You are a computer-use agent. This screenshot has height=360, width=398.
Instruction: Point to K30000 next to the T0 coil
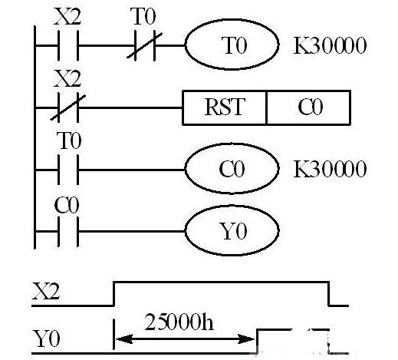[x=330, y=46]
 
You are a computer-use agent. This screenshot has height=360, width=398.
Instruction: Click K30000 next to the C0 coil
[x=330, y=169]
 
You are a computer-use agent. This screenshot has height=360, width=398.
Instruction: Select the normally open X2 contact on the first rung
[x=68, y=46]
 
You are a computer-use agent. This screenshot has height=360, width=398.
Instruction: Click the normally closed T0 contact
[x=145, y=46]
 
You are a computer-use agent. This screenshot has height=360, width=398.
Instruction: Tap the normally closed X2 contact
[x=68, y=107]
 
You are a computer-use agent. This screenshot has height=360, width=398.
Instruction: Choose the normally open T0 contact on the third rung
[x=68, y=170]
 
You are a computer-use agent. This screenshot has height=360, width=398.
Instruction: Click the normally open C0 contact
[x=68, y=232]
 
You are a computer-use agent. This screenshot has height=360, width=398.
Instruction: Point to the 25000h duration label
[x=179, y=322]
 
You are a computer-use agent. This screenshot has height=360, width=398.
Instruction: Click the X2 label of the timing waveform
[x=46, y=291]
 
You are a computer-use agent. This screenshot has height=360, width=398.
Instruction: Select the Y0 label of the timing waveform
[x=47, y=339]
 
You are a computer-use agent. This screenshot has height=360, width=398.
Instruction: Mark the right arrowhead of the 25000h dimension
[x=246, y=339]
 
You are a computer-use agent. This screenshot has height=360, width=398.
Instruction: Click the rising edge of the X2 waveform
[x=114, y=294]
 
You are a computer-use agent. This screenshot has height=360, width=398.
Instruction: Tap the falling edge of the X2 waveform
[x=329, y=294]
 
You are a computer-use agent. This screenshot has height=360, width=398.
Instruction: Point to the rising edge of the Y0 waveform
[x=258, y=342]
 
